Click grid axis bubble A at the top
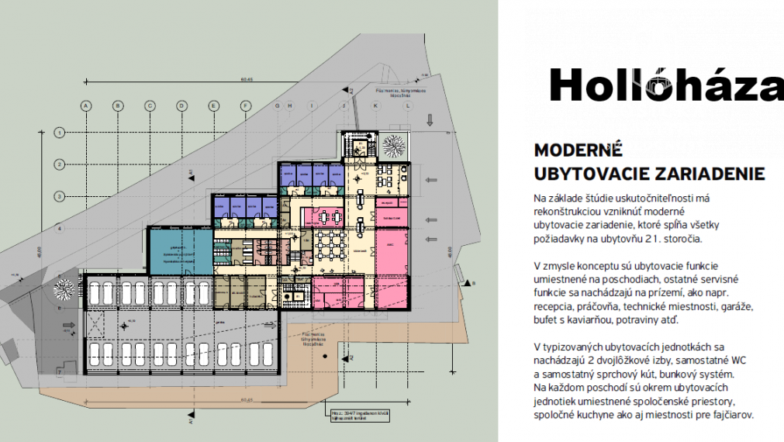86,105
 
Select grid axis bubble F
245,105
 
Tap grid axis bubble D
181,105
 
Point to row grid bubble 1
58,133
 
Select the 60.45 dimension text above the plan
247,78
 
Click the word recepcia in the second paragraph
560,307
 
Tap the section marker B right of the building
470,285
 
